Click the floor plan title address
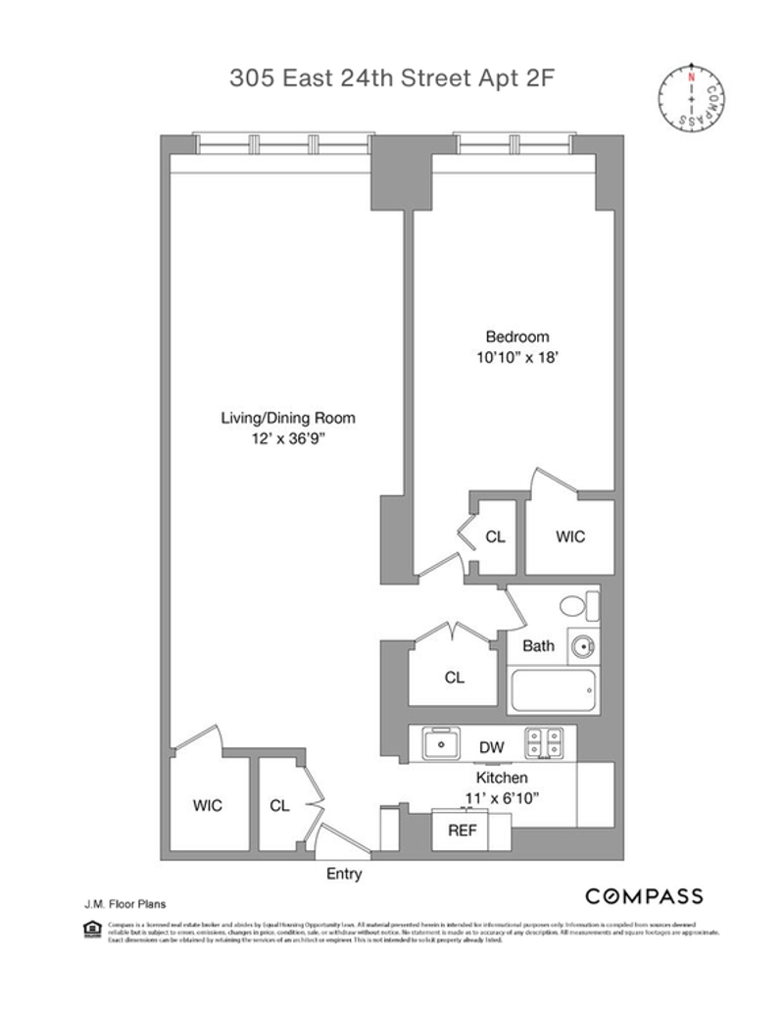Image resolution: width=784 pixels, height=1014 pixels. coord(392,78)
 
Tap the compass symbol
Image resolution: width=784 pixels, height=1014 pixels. coord(692,95)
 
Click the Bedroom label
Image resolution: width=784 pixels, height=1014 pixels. coord(517,336)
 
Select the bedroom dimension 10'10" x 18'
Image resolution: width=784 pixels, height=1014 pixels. coord(517,358)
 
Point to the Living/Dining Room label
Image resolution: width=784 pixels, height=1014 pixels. coord(287,418)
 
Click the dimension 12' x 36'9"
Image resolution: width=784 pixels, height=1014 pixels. coord(287,439)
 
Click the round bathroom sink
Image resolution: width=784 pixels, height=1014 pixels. coord(583,646)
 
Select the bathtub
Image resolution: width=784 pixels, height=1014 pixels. coord(553,693)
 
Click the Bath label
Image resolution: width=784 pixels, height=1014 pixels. coord(538,646)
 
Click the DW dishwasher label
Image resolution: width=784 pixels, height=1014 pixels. coord(492,747)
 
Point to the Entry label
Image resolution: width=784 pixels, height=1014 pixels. coord(344,874)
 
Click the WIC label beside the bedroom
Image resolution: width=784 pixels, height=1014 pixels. coord(570,536)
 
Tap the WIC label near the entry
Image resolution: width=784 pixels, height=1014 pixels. coord(207,806)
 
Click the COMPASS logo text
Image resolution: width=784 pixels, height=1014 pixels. coord(644,895)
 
